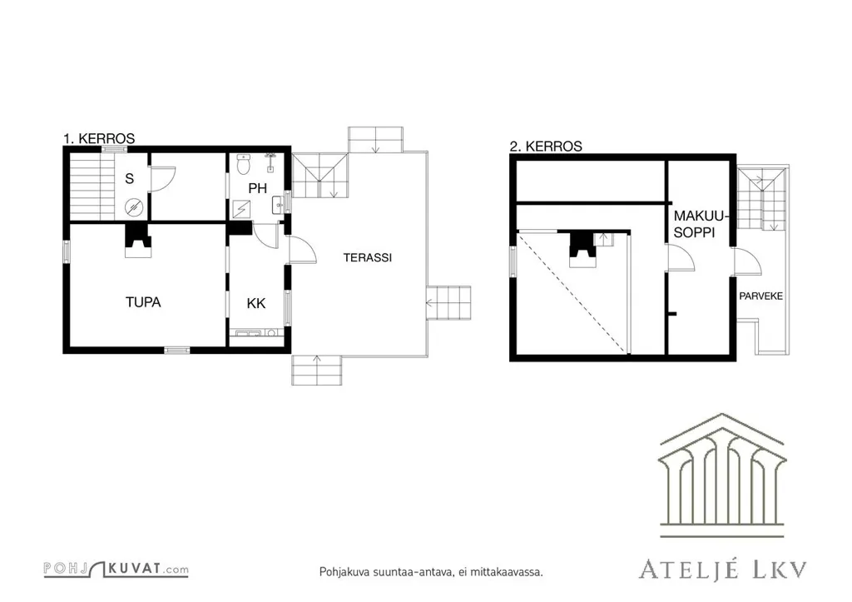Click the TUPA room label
coord(143,302)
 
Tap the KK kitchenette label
coord(256,303)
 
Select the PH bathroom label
coord(258,189)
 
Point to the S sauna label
coord(129,178)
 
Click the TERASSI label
coord(367,258)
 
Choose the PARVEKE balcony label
coord(760,296)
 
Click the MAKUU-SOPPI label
coord(699,224)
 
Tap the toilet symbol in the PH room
coord(244,164)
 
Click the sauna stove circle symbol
coord(134,207)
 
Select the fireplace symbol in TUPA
coord(138,241)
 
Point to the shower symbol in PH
coord(241,209)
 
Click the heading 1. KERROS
coord(99,139)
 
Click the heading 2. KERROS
coord(546,147)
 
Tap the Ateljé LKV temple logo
coord(722,475)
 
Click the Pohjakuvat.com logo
coord(116,569)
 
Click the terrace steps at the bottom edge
coord(317,370)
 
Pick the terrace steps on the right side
coord(448,303)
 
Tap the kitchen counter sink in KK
coord(249,333)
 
